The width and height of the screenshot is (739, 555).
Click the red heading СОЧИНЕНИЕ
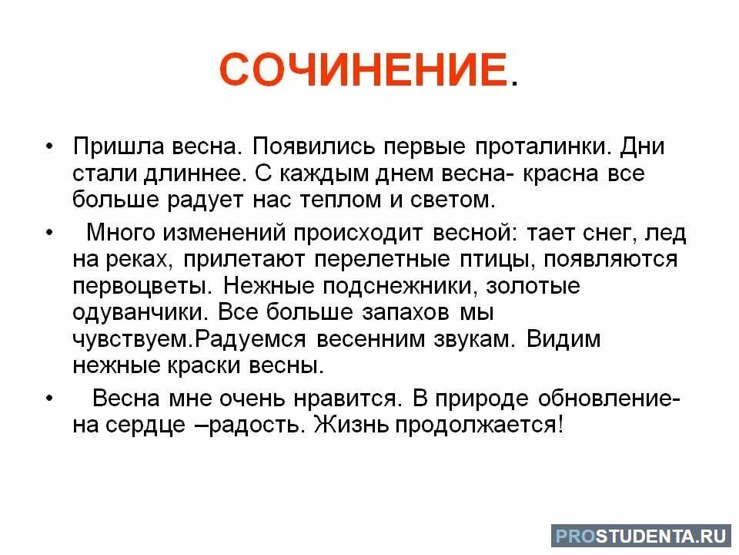[x=363, y=69]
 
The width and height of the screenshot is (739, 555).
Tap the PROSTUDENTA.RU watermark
[x=641, y=536]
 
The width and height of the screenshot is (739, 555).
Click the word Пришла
[x=119, y=146]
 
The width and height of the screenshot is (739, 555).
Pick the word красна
[x=561, y=173]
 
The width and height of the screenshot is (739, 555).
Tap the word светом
[x=453, y=200]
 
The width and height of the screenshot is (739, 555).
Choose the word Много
[x=121, y=233]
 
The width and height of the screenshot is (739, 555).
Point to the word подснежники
[x=400, y=286]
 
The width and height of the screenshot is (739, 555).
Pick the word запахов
[x=406, y=312]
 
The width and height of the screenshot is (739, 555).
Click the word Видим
[x=563, y=339]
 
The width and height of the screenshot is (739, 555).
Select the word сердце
[x=145, y=425]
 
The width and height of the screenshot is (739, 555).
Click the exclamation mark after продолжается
[x=560, y=425]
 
